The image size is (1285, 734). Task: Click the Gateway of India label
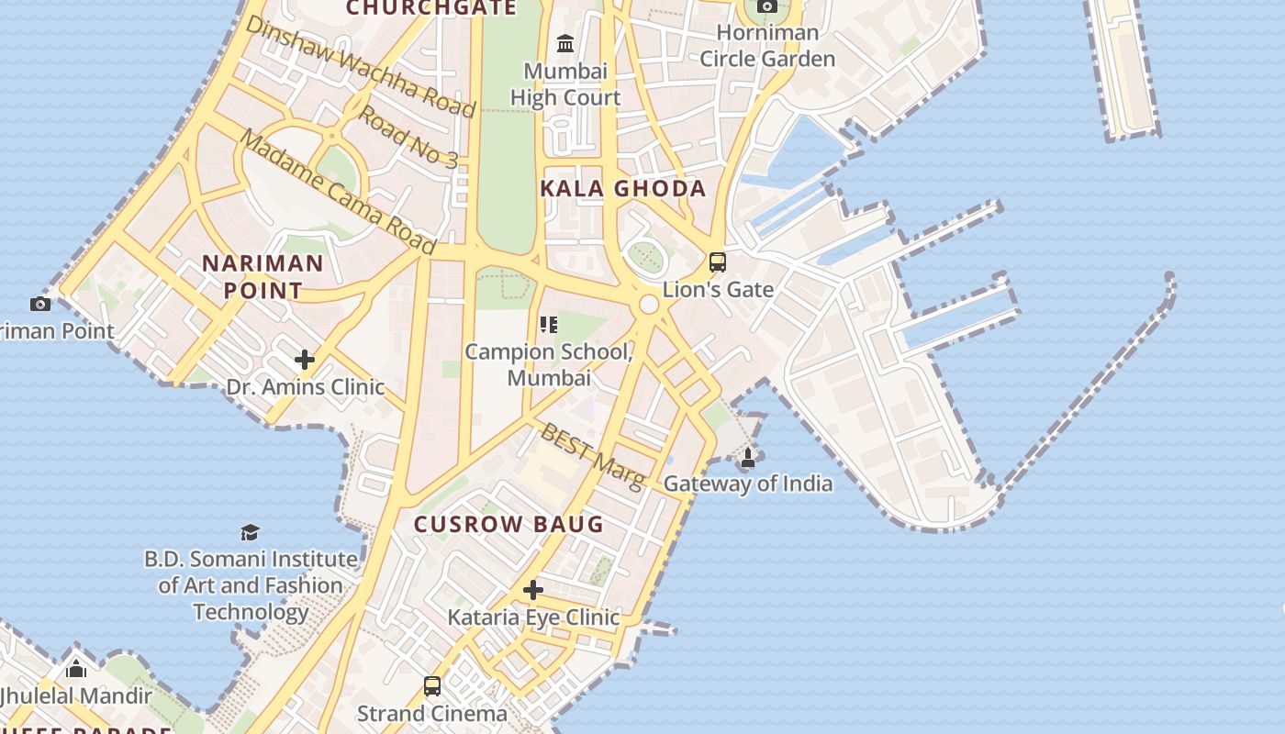click(x=747, y=484)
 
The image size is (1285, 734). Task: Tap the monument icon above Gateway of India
click(x=748, y=457)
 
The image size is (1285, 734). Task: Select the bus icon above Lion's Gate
click(x=718, y=262)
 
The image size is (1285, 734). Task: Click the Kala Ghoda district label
click(x=623, y=189)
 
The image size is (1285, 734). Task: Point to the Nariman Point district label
click(x=263, y=277)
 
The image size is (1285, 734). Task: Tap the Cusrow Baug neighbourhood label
click(x=508, y=524)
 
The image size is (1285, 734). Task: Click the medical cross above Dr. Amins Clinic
click(x=305, y=360)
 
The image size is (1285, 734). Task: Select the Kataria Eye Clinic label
click(x=533, y=617)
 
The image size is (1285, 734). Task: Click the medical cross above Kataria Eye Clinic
click(x=533, y=589)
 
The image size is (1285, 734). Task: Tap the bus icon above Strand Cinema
click(x=432, y=685)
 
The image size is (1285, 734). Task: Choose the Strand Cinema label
click(x=431, y=713)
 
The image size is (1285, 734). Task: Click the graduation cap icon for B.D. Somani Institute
click(x=250, y=532)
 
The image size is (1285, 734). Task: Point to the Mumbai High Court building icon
click(x=565, y=43)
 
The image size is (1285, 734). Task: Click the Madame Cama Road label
click(x=337, y=192)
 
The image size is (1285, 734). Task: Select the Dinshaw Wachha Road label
click(x=360, y=68)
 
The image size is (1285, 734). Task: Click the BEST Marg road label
click(x=592, y=456)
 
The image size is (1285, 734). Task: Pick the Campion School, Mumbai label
click(x=549, y=364)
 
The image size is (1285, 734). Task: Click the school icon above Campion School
click(x=549, y=324)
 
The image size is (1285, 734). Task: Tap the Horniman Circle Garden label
click(x=767, y=46)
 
